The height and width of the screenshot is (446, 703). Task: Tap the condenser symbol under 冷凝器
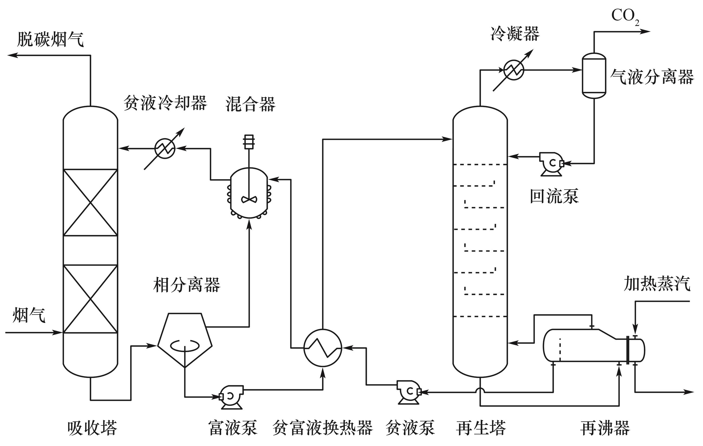coord(514,70)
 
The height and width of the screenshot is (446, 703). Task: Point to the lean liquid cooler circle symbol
coord(165,148)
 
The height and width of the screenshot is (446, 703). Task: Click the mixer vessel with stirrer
coord(249,193)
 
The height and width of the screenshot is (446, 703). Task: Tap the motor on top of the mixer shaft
coord(249,141)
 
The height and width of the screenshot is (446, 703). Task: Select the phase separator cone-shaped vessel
coord(185,339)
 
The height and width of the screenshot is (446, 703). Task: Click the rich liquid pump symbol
coord(231,397)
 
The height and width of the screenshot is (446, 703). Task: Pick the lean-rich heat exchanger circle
coord(323,348)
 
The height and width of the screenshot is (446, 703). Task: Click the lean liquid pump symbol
coord(409,392)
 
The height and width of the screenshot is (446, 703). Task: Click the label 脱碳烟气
coord(50,39)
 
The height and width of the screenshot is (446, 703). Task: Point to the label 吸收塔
coord(92,428)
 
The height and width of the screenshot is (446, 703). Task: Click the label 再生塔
coord(481,428)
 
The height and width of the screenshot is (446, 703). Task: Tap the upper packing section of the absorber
coord(90,202)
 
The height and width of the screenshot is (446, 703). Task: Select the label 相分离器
coord(186,285)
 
